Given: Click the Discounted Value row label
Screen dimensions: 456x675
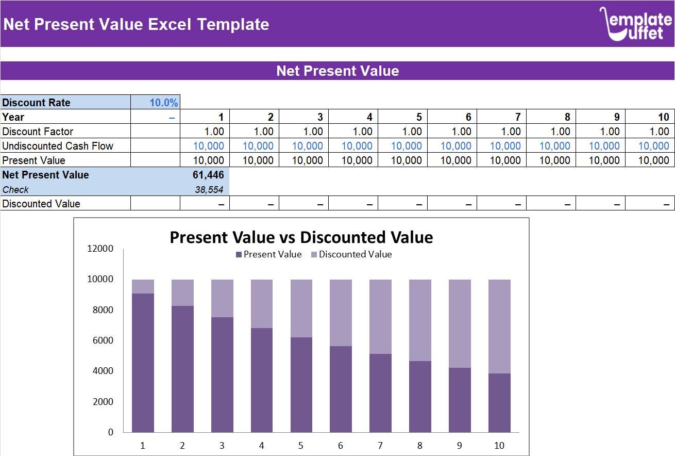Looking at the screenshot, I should tap(41, 204).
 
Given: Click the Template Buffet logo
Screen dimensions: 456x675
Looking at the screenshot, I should tap(635, 24).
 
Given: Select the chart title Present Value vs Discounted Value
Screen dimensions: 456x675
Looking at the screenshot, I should tap(301, 237).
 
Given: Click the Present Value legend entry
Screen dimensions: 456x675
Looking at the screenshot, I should tap(268, 254).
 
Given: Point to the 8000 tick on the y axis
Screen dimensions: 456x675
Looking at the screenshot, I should tap(103, 310).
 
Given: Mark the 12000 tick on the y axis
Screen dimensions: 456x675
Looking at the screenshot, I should tap(101, 249).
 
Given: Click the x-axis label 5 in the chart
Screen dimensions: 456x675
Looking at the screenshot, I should tap(301, 446).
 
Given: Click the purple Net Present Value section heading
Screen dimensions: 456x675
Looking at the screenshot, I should tap(337, 71).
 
